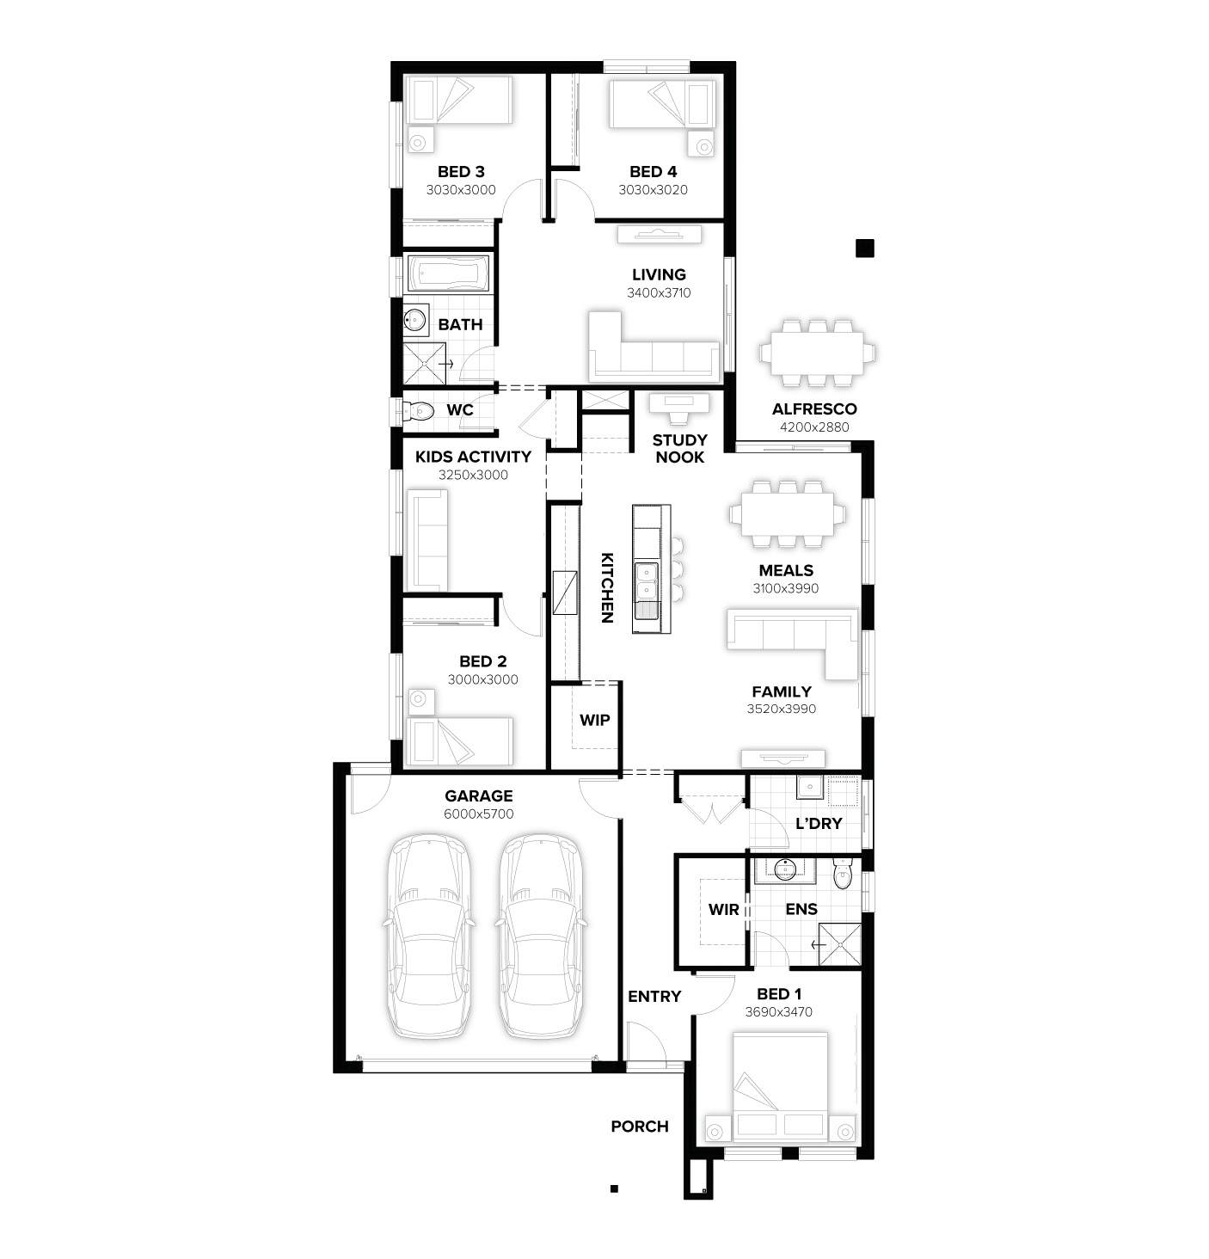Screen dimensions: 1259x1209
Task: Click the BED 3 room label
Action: point(461,172)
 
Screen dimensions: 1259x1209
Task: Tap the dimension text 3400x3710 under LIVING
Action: point(659,293)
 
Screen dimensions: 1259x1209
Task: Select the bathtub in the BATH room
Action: point(447,274)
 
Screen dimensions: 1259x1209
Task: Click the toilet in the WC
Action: point(418,411)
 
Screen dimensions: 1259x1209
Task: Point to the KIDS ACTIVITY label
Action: point(473,457)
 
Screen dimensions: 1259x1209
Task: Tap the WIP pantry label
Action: point(594,720)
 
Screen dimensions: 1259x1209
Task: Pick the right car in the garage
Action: point(541,936)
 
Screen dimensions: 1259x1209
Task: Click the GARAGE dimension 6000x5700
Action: point(479,814)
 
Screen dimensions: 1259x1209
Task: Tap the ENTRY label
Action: point(654,997)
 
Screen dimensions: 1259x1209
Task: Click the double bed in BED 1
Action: point(780,1088)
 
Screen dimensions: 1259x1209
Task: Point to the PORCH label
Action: point(640,1127)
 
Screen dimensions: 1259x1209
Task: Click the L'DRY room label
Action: point(819,824)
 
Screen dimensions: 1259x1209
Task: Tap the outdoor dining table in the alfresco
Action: point(817,353)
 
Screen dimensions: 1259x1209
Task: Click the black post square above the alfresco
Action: point(864,249)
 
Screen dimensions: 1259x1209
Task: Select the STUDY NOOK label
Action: point(679,449)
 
